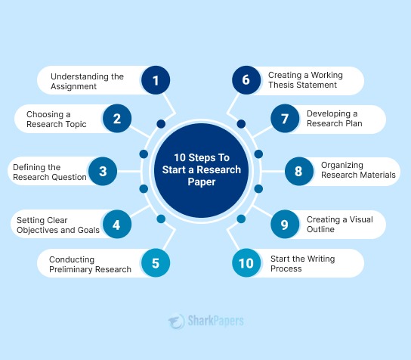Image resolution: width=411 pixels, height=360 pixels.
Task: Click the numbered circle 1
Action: tap(156, 80)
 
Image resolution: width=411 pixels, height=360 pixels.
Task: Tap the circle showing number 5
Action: tap(156, 263)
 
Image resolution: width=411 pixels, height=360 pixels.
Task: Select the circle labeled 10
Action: tap(246, 263)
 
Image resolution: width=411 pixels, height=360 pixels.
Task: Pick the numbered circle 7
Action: tap(285, 119)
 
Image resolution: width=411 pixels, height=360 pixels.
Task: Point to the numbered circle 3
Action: tap(103, 172)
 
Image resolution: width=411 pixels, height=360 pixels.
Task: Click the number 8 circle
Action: tap(299, 172)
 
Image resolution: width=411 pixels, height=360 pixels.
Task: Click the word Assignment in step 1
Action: tap(73, 86)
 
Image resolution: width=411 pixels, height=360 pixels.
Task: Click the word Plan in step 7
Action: tap(354, 123)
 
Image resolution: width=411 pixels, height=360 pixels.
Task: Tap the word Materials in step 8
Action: tap(378, 175)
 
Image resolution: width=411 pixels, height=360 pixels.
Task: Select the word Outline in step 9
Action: tap(320, 229)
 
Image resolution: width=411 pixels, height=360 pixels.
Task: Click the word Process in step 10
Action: tap(286, 268)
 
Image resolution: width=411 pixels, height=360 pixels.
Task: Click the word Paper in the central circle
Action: tap(202, 182)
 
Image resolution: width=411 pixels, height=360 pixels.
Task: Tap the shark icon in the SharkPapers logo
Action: tap(176, 321)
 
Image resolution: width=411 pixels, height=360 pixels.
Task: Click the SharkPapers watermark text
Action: tap(216, 321)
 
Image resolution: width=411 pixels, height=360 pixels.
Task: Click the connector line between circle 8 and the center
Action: tap(273, 172)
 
